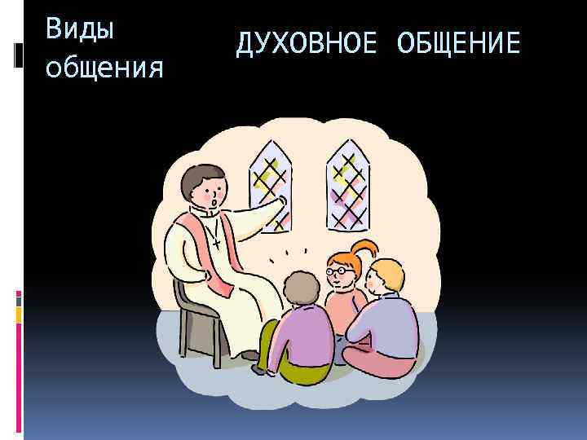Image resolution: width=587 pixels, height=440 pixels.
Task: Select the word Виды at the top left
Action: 80,29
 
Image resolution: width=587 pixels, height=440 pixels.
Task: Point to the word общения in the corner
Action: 104,68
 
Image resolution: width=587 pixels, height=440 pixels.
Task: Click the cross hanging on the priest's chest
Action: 215,242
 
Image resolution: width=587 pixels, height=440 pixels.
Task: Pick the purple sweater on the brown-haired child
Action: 302,334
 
